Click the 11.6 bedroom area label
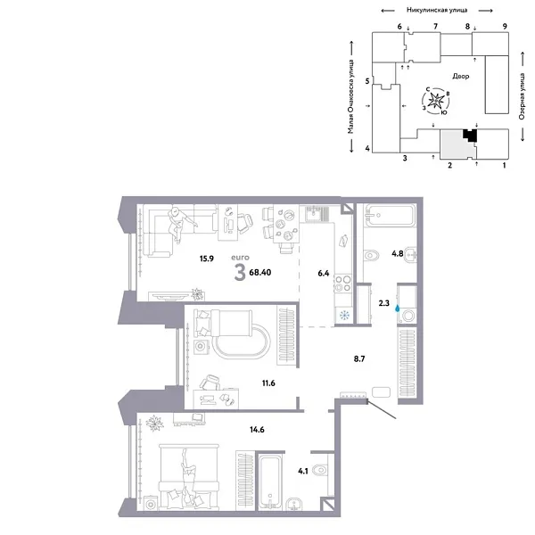tap(267, 383)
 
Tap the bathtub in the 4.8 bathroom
tap(390, 216)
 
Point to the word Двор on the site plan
tap(460, 76)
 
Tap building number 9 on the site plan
tap(505, 27)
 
